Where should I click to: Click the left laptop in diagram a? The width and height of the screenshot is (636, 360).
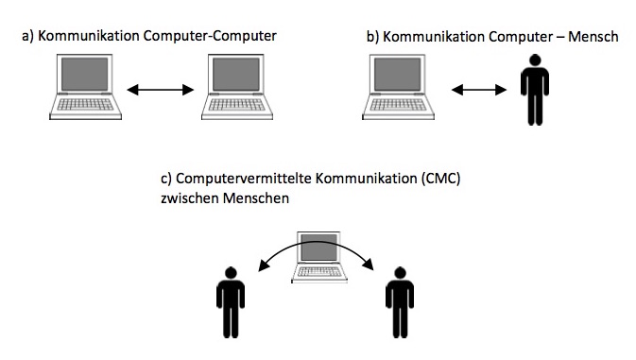pos(85,87)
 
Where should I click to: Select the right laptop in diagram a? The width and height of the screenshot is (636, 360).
pos(237,87)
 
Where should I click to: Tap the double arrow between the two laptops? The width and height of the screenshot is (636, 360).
pos(161,90)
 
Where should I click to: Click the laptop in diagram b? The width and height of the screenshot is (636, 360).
pos(398,87)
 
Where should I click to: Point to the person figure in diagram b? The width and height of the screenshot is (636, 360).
pos(535,90)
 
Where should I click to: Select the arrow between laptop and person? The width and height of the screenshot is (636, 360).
pos(479,90)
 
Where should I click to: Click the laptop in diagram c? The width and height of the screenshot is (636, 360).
pos(319,257)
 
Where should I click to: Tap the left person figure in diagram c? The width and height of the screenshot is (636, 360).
pos(231,302)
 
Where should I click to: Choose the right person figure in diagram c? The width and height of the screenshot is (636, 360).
pos(400,302)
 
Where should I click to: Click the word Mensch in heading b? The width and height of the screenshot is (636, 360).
pos(593,37)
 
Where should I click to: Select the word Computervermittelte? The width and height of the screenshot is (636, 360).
pos(244,179)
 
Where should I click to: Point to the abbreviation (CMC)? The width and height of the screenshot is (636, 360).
pos(440,179)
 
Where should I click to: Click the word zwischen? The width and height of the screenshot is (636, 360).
pos(189,198)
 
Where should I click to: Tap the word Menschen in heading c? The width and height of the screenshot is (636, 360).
pos(256,198)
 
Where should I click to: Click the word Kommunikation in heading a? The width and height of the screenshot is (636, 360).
pos(89,36)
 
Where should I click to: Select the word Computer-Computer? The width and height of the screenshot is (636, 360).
pos(210,36)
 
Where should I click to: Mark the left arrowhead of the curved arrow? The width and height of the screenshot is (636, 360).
pos(264,266)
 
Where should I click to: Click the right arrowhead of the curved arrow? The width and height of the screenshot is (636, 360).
pos(369,265)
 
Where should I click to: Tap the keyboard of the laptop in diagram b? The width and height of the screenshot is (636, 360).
pos(398,105)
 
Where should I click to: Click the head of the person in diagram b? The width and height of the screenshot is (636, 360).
pos(536,60)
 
